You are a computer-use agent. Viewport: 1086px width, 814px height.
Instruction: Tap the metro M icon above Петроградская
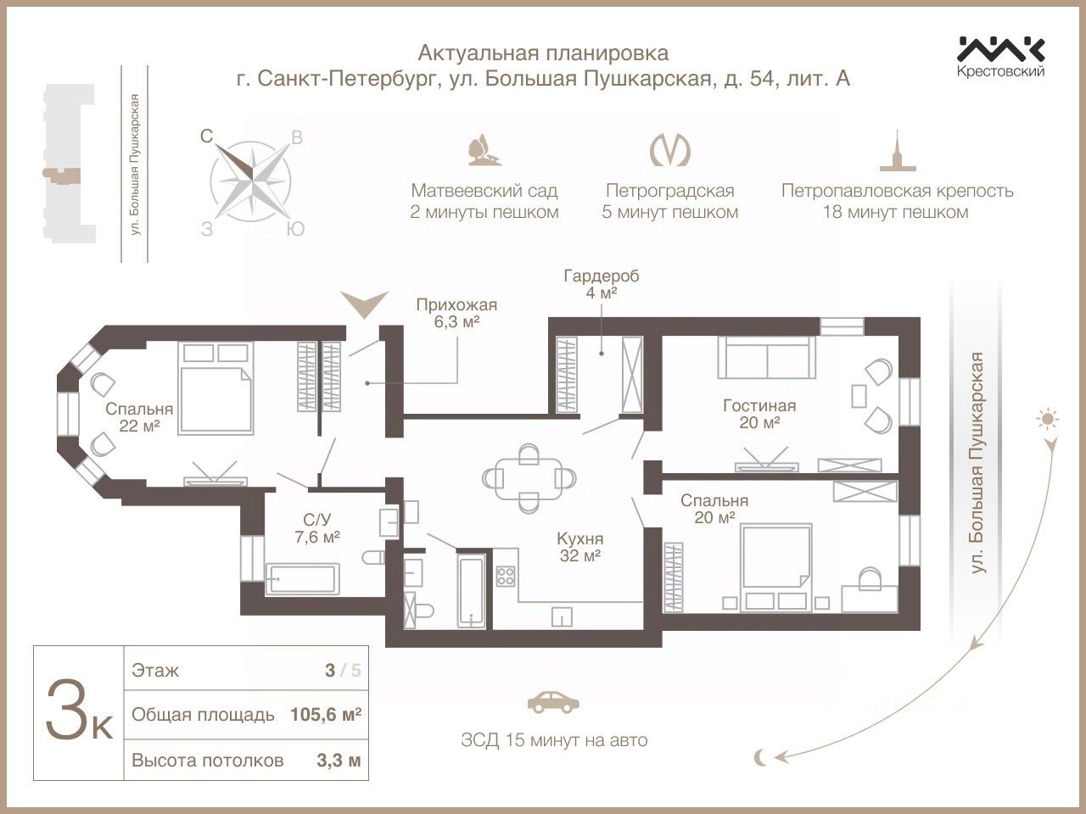coord(669,150)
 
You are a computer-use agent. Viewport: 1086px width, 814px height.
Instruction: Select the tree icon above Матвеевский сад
coord(484,149)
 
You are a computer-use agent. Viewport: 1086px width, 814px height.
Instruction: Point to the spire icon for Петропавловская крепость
coord(898,150)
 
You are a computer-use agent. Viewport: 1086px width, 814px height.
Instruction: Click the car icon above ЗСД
coord(553,702)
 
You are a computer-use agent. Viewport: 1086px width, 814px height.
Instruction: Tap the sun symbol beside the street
coord(1048,420)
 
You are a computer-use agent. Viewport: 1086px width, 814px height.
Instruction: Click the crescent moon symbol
coord(760,772)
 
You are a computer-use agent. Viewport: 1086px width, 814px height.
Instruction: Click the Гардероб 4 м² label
coord(602,284)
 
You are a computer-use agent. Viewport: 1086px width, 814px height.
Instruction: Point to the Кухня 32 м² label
coord(579,547)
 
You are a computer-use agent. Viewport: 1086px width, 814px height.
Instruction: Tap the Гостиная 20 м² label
coord(759,414)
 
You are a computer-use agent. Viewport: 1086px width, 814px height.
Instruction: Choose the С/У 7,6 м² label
coord(317,528)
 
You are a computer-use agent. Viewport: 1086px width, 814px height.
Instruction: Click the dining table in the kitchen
coord(529,478)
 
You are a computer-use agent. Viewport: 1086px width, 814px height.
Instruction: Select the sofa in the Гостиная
coord(766,358)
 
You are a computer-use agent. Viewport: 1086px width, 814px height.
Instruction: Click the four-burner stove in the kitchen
coord(506,576)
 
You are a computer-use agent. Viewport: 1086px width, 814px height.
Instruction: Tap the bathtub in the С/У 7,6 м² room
coord(302,578)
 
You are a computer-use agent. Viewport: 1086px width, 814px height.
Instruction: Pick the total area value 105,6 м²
coord(326,715)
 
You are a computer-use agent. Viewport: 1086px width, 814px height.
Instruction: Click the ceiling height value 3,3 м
coord(339,760)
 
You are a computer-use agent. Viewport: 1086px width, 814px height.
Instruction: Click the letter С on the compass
coord(207,136)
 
